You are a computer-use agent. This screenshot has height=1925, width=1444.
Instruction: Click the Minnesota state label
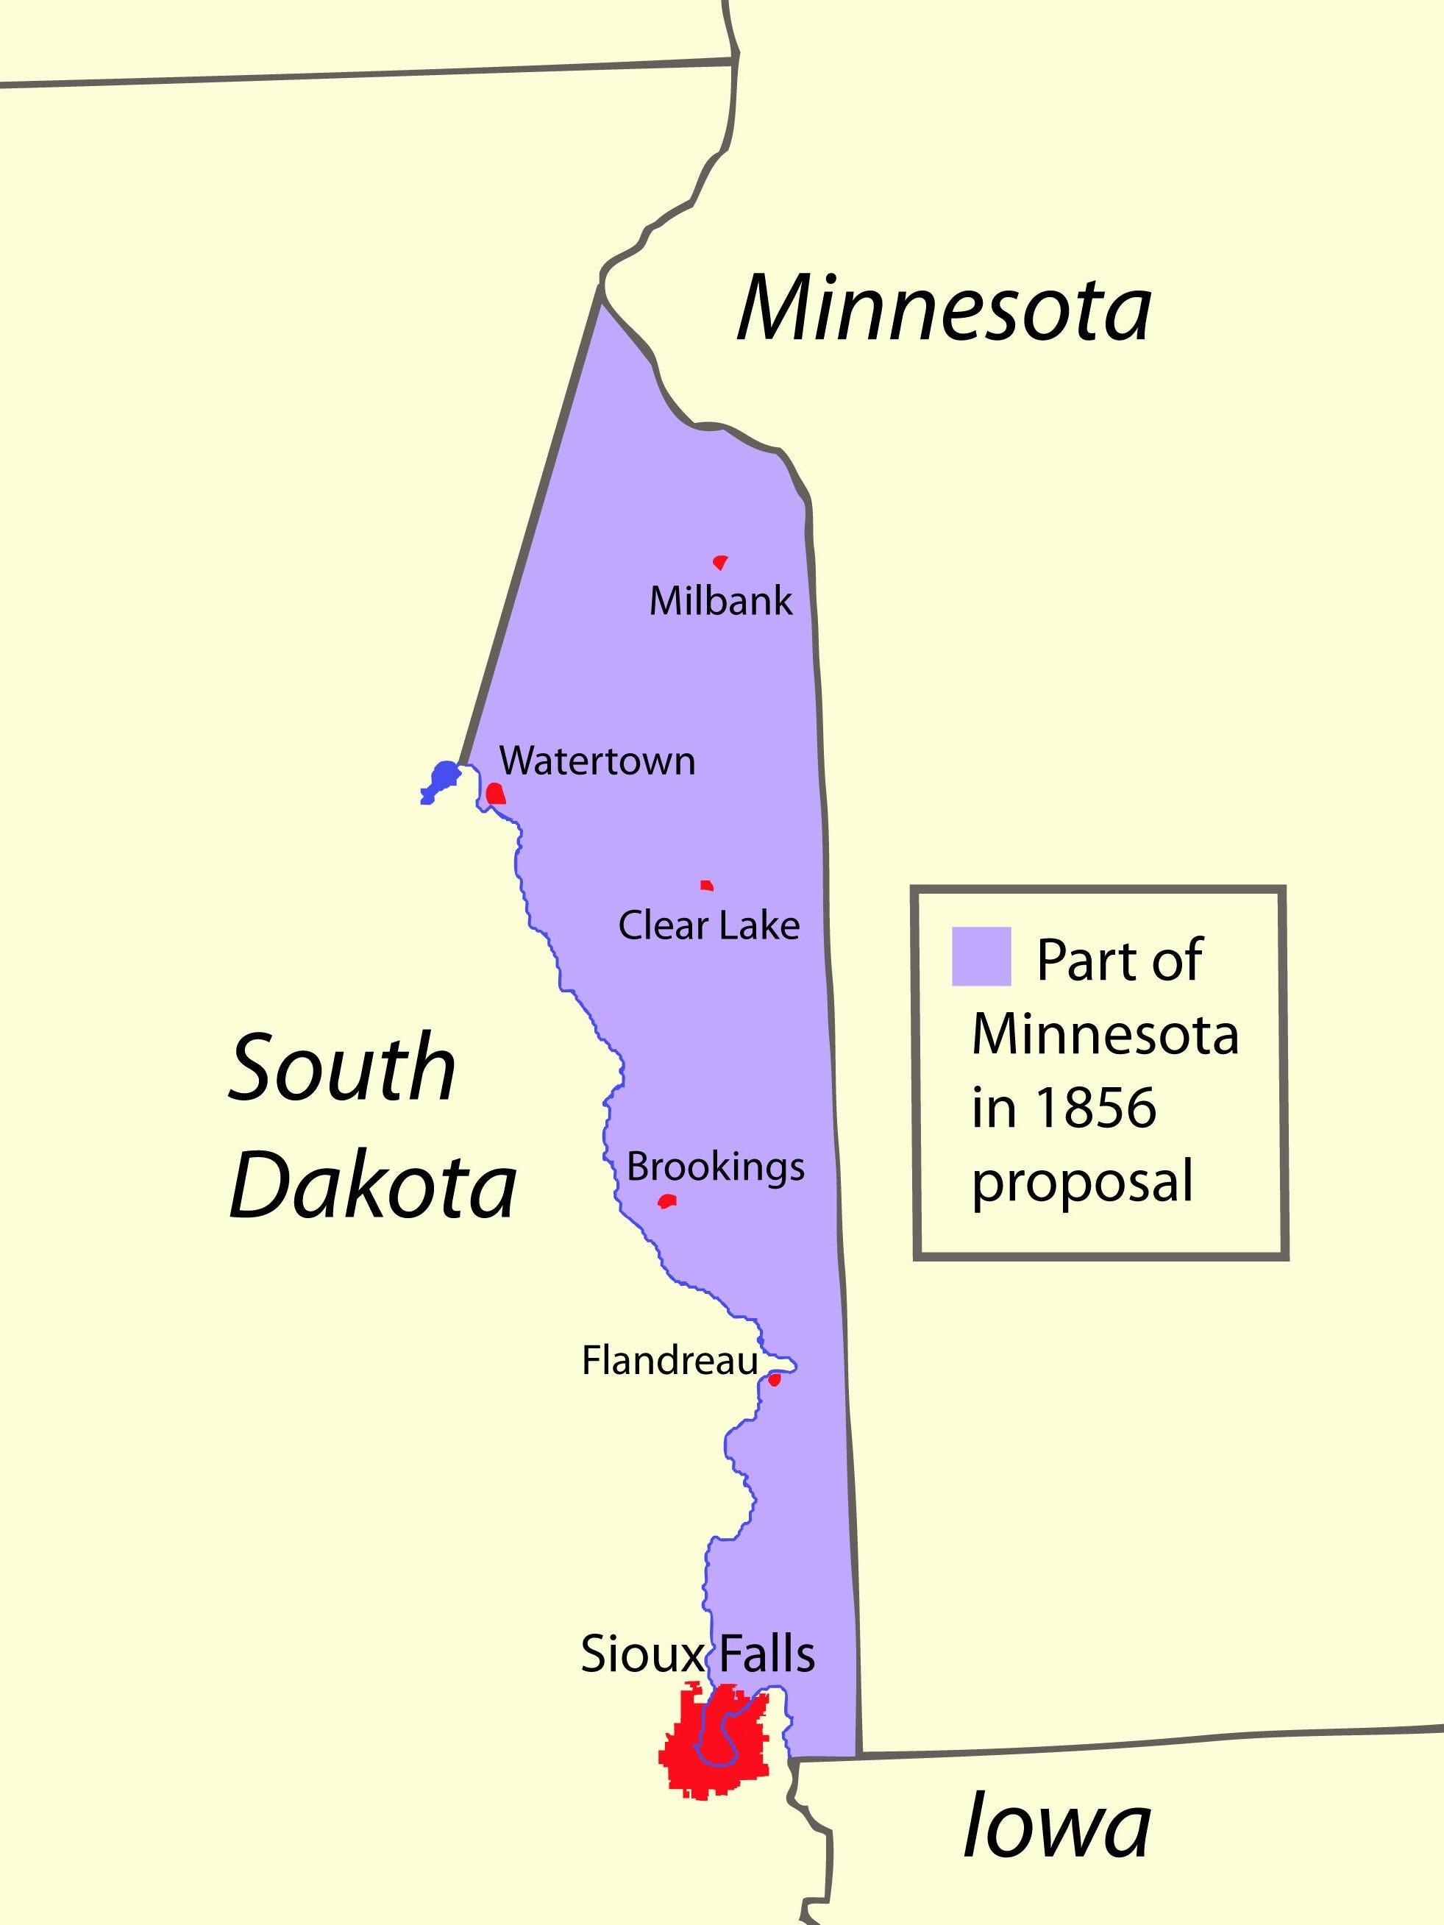pos(945,310)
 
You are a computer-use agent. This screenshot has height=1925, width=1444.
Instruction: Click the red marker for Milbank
pos(720,562)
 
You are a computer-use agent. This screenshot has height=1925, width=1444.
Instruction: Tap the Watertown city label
pos(597,761)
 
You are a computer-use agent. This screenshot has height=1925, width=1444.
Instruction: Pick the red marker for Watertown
pos(495,794)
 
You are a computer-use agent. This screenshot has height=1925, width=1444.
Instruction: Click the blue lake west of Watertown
pos(442,778)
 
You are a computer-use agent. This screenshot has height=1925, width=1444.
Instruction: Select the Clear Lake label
pos(708,926)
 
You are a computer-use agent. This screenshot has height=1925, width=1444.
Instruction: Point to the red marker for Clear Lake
pos(707,886)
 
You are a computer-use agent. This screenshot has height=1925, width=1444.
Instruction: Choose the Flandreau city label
pos(669,1361)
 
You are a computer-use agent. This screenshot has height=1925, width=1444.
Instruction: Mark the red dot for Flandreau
pos(774,1379)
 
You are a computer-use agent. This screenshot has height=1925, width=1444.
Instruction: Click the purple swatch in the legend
pos(981,956)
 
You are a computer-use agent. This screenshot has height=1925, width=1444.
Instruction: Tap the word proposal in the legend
pos(1082,1184)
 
